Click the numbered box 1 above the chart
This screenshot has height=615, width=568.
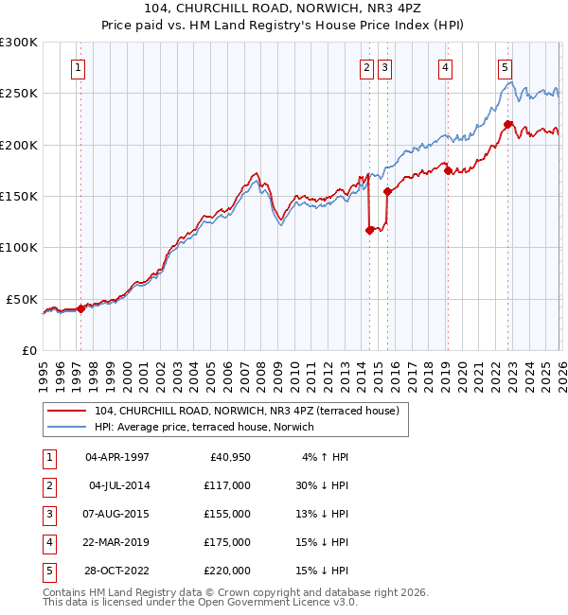[x=77, y=67]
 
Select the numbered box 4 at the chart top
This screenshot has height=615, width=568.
[x=445, y=67]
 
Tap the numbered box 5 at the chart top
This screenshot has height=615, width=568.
[x=505, y=67]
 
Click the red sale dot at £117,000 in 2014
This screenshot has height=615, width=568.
[x=369, y=229]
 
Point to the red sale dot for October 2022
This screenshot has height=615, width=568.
[x=508, y=124]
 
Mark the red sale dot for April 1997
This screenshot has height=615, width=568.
[x=80, y=307]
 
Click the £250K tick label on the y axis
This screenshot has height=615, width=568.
[x=19, y=94]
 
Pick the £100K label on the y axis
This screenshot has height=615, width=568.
[x=19, y=247]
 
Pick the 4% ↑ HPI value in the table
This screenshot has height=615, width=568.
[x=325, y=457]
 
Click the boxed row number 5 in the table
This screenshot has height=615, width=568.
[x=47, y=571]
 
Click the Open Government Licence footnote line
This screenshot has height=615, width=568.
[x=186, y=602]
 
